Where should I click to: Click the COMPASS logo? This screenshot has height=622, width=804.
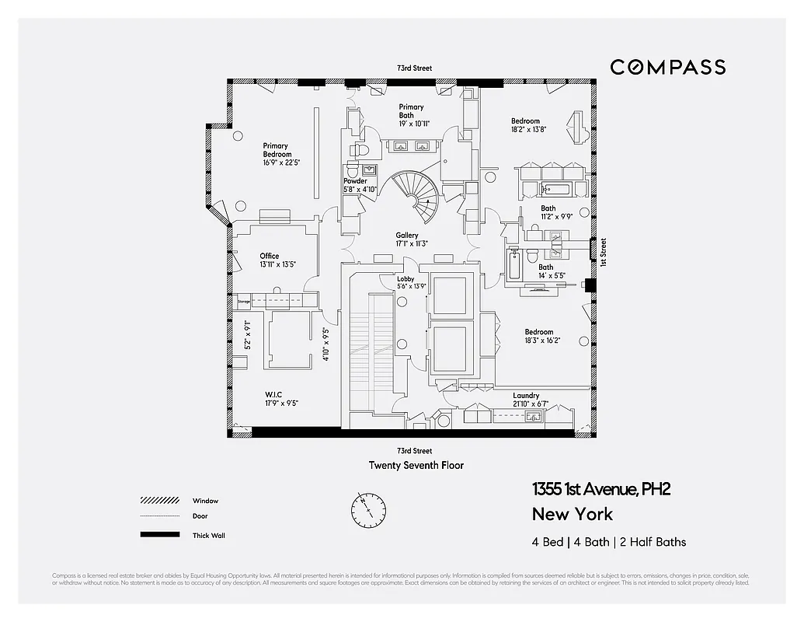(x=667, y=67)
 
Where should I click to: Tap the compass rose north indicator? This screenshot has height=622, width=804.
(x=367, y=510)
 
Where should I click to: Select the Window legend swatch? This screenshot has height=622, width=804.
(x=158, y=501)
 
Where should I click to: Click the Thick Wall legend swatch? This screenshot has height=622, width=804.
(x=158, y=535)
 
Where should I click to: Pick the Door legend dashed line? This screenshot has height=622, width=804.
(x=158, y=516)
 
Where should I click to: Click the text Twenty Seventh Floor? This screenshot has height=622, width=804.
(x=416, y=465)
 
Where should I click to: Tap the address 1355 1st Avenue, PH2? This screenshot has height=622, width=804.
(x=600, y=489)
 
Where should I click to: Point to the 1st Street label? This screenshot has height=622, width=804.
(x=603, y=253)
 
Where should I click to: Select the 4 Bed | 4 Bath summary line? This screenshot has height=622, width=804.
(x=609, y=542)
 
